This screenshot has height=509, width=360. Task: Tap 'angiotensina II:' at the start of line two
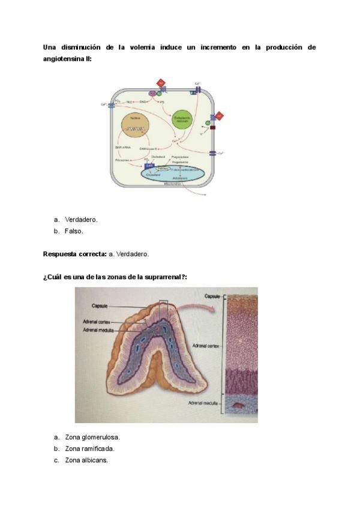[x=67, y=59]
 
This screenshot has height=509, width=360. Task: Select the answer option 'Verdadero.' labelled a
[x=81, y=219]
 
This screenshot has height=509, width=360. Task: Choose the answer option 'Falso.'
[x=74, y=231]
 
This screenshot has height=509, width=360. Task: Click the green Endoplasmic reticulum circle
[x=182, y=121]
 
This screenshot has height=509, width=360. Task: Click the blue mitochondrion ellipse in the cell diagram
[x=173, y=174]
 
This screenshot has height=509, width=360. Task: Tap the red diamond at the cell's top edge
[x=160, y=82]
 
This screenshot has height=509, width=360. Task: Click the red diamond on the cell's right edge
[x=219, y=115]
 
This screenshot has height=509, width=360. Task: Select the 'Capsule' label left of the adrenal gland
[x=100, y=306]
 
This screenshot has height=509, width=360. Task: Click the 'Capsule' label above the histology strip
[x=214, y=296]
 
